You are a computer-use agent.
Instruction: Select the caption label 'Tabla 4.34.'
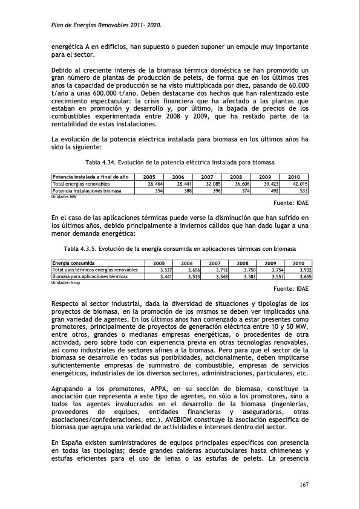(x=101, y=163)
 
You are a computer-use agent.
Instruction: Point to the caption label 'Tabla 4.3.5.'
(x=80, y=249)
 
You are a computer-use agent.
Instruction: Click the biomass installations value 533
(x=303, y=190)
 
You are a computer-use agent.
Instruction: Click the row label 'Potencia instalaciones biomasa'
(x=87, y=190)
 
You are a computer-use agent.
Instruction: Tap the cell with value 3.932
(x=302, y=270)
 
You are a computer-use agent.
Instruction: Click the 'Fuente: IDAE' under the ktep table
(x=287, y=289)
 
